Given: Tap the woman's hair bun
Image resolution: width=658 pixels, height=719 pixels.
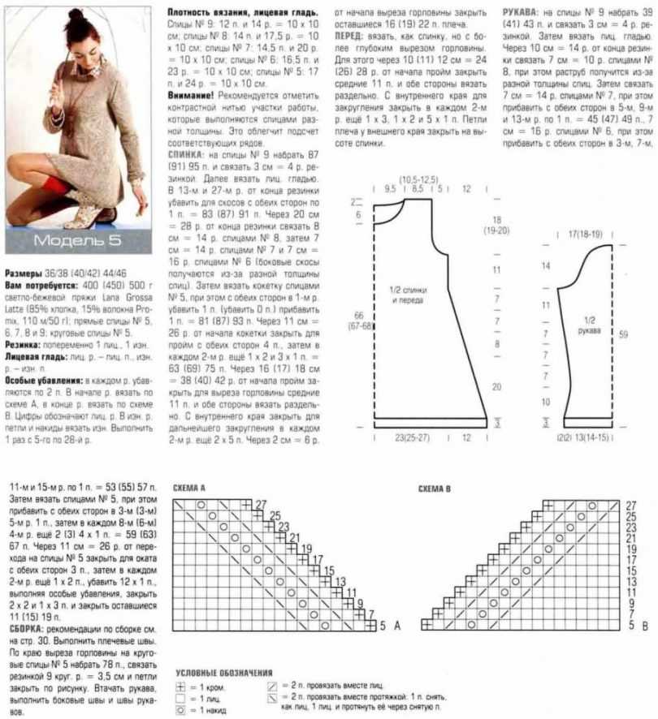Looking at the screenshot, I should coord(76,14).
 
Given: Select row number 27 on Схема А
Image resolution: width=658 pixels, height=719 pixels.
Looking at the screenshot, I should coord(261,505).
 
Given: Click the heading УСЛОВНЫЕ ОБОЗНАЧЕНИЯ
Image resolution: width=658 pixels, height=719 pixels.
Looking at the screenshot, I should coord(223,674).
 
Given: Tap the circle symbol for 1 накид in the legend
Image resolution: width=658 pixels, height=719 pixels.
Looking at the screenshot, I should coord(183,710).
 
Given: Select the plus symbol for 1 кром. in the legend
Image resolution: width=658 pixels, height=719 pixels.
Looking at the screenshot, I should coord(183,687).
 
